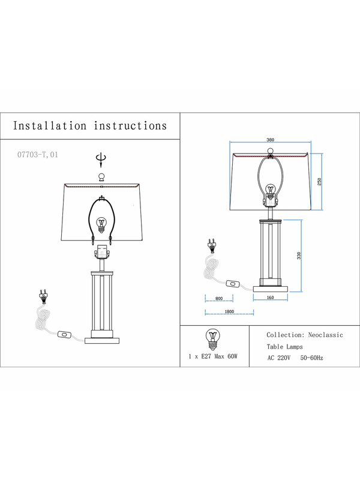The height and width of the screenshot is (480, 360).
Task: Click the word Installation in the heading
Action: (x=50, y=126)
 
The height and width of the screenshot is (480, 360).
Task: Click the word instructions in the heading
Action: (x=130, y=126)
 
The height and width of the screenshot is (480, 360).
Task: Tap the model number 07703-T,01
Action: (x=37, y=155)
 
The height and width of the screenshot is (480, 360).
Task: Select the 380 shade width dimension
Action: (x=271, y=140)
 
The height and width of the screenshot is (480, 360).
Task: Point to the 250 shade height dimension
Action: (x=320, y=182)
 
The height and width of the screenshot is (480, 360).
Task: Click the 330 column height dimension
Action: (x=299, y=256)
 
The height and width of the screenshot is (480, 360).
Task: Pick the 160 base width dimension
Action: (x=271, y=297)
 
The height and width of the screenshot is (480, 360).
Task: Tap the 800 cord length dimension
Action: (x=219, y=298)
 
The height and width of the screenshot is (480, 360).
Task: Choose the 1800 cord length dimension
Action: (x=229, y=311)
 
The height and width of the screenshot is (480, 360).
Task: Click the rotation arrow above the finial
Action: (x=101, y=160)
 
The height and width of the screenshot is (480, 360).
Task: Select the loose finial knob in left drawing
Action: (x=101, y=177)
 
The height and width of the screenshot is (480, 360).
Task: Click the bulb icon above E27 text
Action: (x=213, y=340)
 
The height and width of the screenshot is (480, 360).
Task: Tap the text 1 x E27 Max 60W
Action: (x=213, y=356)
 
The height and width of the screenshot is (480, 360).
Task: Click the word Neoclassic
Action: (x=325, y=335)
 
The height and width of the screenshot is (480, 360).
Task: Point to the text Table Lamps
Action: (x=284, y=347)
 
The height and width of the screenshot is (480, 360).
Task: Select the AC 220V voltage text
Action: (x=279, y=358)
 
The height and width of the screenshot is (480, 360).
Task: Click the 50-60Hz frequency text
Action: (x=311, y=358)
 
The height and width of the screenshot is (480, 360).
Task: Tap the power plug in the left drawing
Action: (x=43, y=296)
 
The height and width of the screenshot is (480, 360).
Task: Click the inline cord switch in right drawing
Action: (x=233, y=284)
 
